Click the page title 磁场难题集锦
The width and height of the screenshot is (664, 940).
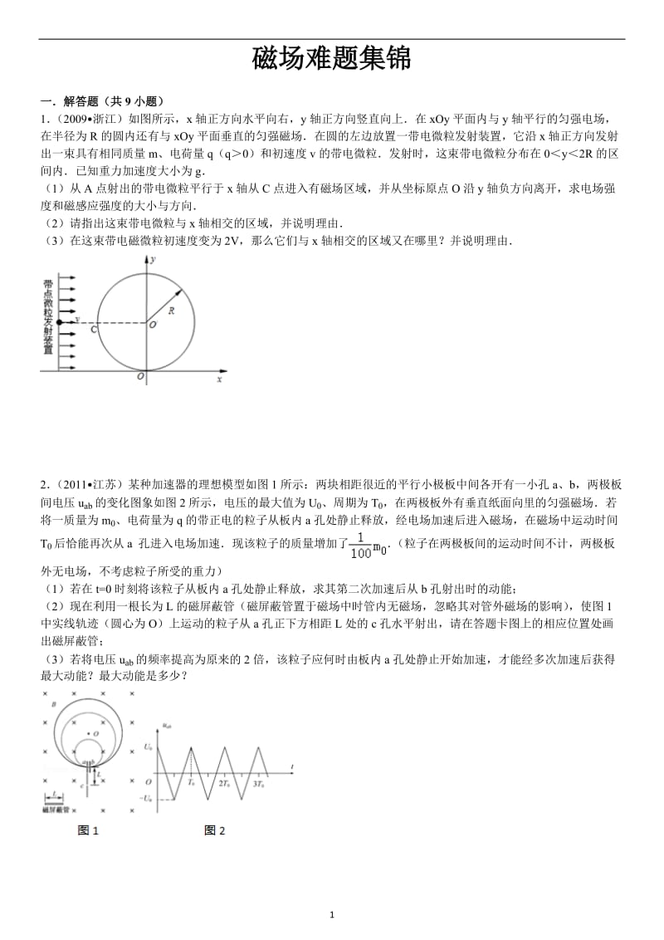331,59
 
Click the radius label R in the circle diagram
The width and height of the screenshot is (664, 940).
170,311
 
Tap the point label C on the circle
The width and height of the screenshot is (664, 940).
94,330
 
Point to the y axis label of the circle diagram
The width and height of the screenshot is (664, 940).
154,260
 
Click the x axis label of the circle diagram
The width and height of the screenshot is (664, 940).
219,379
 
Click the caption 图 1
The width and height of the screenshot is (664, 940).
88,830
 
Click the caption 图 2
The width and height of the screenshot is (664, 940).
215,830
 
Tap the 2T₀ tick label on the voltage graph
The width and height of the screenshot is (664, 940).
224,783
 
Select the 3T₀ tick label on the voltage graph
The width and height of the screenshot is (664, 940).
259,783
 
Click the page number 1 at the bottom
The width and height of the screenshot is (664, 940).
332,915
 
